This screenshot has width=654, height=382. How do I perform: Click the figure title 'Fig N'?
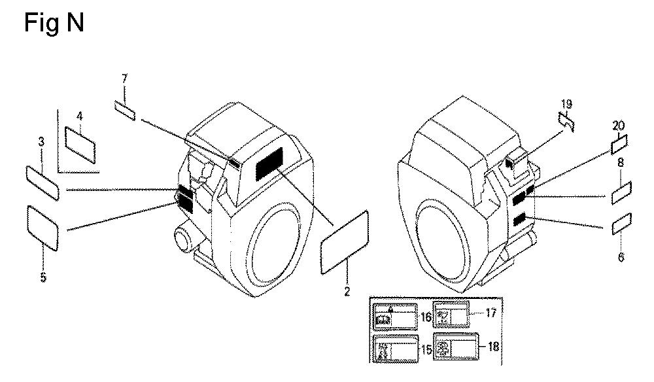(54, 22)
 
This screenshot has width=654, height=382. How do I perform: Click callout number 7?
(124, 78)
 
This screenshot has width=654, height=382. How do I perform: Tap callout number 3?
(41, 142)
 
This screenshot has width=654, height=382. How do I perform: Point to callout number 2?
(347, 291)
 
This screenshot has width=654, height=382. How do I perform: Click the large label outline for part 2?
(345, 242)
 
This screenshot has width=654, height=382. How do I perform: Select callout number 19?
(566, 104)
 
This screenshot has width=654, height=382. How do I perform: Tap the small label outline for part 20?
(619, 144)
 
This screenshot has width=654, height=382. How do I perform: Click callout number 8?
(620, 162)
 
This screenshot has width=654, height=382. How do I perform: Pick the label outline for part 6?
(621, 224)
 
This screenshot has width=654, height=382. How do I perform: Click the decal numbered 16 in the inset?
(395, 317)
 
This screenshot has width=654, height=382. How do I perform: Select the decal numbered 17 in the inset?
(451, 314)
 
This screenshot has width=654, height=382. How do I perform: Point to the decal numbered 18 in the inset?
(456, 347)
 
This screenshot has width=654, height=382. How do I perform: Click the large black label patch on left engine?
(269, 164)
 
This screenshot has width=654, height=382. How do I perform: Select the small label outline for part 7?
(125, 110)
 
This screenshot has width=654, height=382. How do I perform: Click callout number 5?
(43, 277)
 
